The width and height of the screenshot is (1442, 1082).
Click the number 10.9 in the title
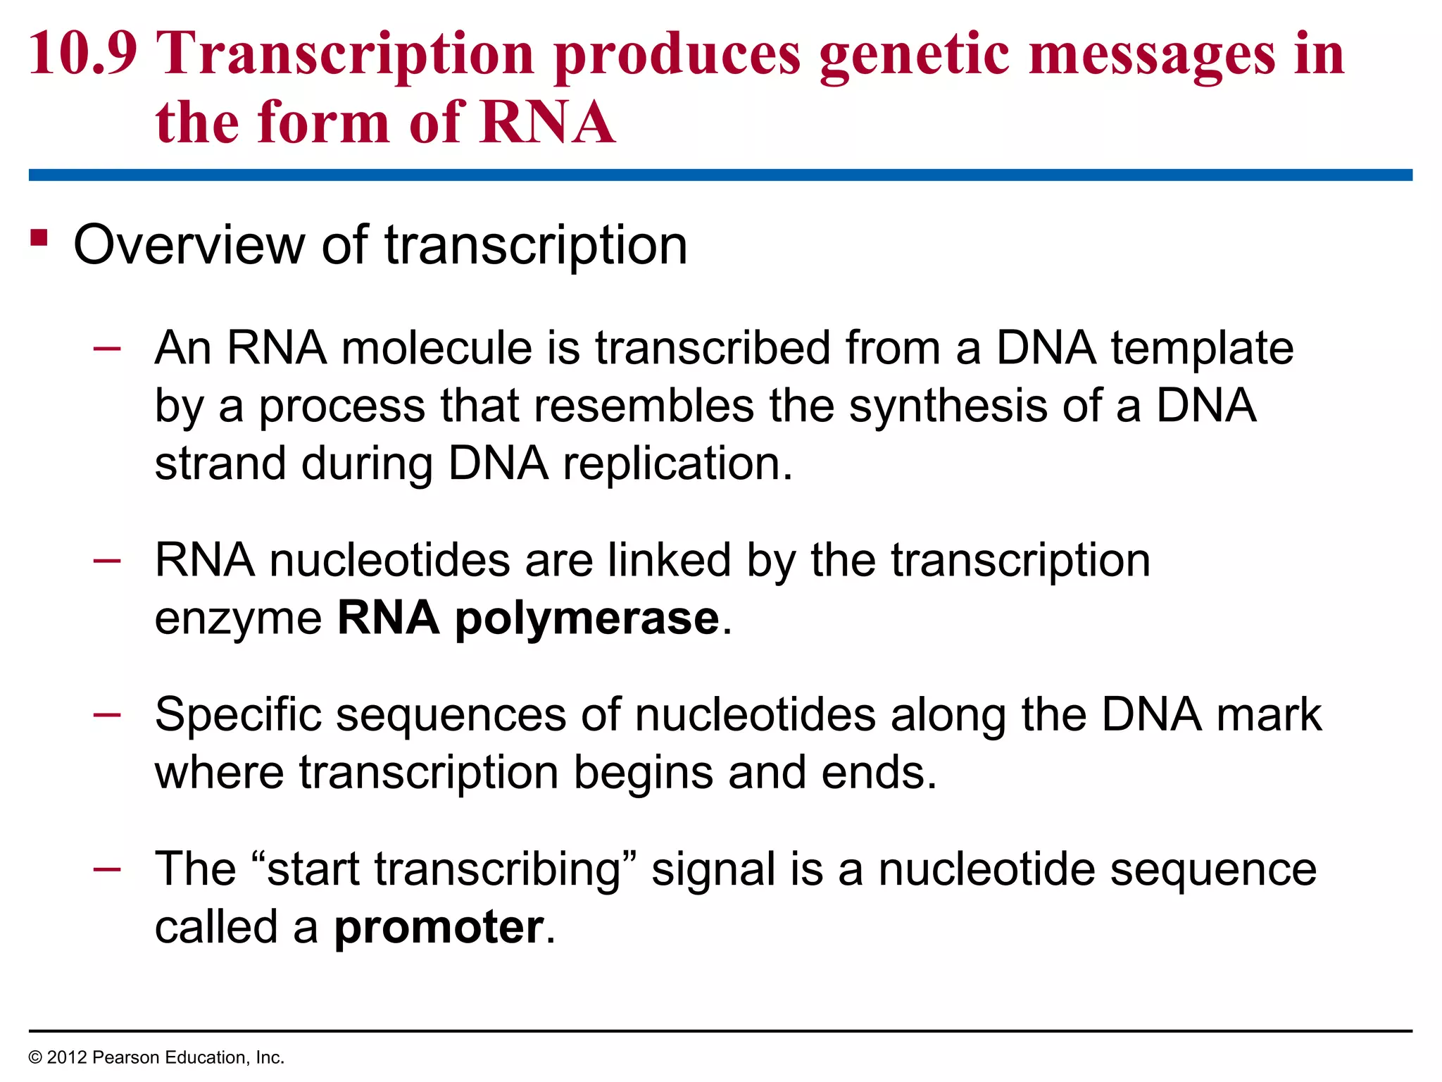[82, 54]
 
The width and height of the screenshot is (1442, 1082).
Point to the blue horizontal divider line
[720, 175]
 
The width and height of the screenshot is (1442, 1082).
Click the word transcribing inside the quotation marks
[497, 869]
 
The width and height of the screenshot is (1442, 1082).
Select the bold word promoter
[439, 928]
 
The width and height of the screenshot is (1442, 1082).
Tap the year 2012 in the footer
[67, 1057]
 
